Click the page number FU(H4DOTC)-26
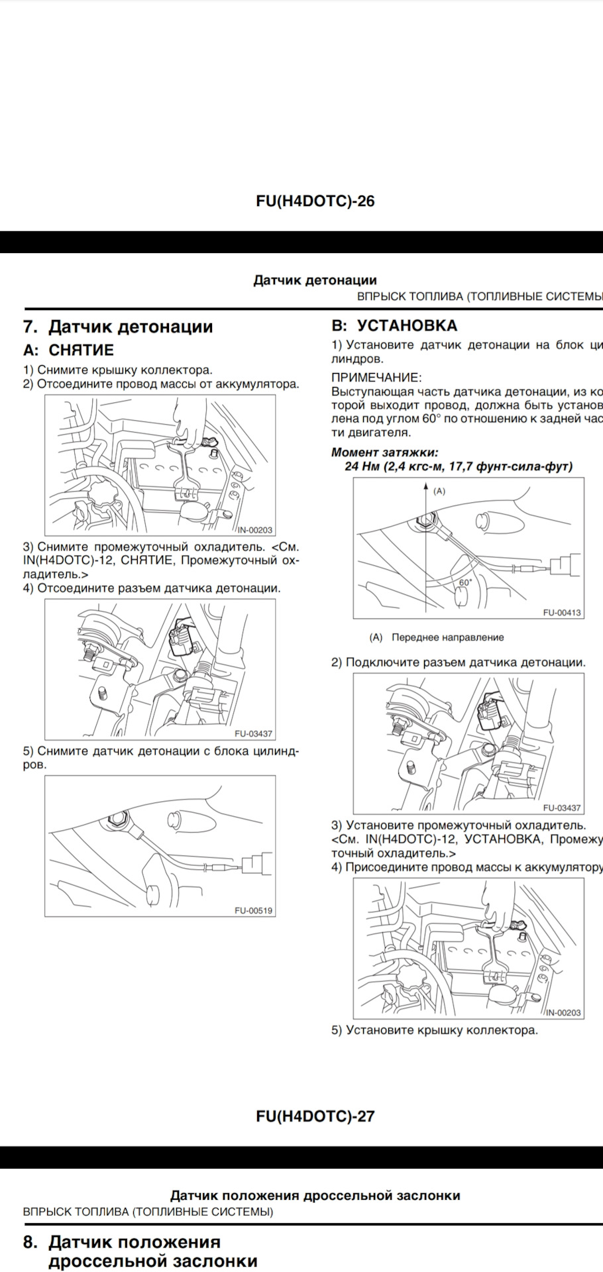click(315, 201)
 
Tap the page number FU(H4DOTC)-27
click(315, 1116)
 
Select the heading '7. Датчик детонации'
click(118, 327)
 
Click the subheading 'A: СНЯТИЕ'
click(68, 350)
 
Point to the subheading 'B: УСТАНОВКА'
click(394, 325)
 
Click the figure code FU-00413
click(561, 613)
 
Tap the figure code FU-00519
click(253, 910)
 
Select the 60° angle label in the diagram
click(465, 582)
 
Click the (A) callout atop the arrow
click(439, 492)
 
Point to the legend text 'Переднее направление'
click(447, 637)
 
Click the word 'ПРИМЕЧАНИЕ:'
click(376, 378)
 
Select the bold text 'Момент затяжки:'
click(384, 452)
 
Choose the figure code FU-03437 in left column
click(253, 734)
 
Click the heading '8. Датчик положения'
click(123, 1242)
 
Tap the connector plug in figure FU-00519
click(256, 865)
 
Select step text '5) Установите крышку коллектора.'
click(435, 1030)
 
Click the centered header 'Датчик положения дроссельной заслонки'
click(315, 1196)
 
